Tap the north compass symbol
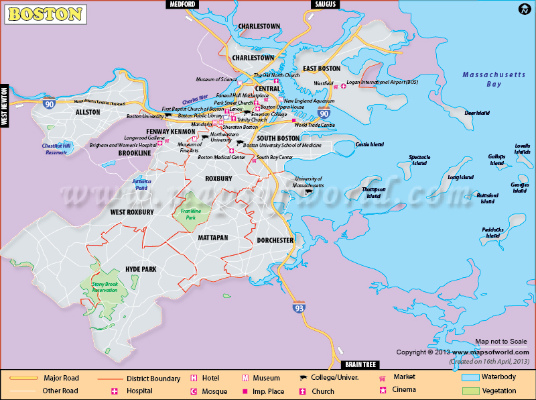[523, 9]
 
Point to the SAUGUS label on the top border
[324, 5]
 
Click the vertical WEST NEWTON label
[5, 106]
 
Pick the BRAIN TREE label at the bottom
[360, 364]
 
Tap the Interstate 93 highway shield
[297, 307]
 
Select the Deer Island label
[478, 113]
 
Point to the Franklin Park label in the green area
[192, 214]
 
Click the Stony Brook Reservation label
[104, 288]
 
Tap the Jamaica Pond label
[141, 184]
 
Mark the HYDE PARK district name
[140, 268]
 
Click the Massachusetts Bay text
[494, 79]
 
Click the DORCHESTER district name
[275, 240]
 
